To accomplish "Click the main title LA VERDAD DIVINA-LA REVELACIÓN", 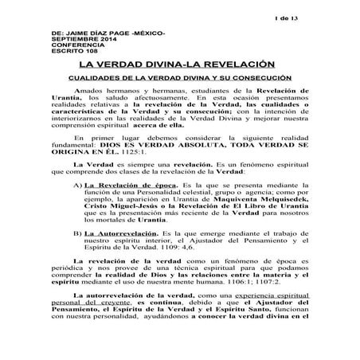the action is pyautogui.click(x=179, y=65).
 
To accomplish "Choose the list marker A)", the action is pyautogui.click(x=76, y=206).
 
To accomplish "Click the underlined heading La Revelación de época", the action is pyautogui.click(x=125, y=206).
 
